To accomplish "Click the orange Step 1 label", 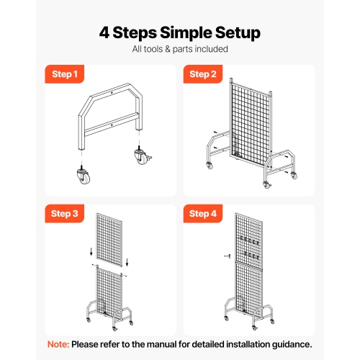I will pyautogui.click(x=63, y=73).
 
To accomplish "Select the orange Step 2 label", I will pyautogui.click(x=203, y=73).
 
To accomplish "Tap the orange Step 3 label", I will pyautogui.click(x=63, y=213).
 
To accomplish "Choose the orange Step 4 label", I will pyautogui.click(x=203, y=213).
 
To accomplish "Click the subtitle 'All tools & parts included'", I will pyautogui.click(x=180, y=50).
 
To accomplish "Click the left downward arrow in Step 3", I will pyautogui.click(x=89, y=251).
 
